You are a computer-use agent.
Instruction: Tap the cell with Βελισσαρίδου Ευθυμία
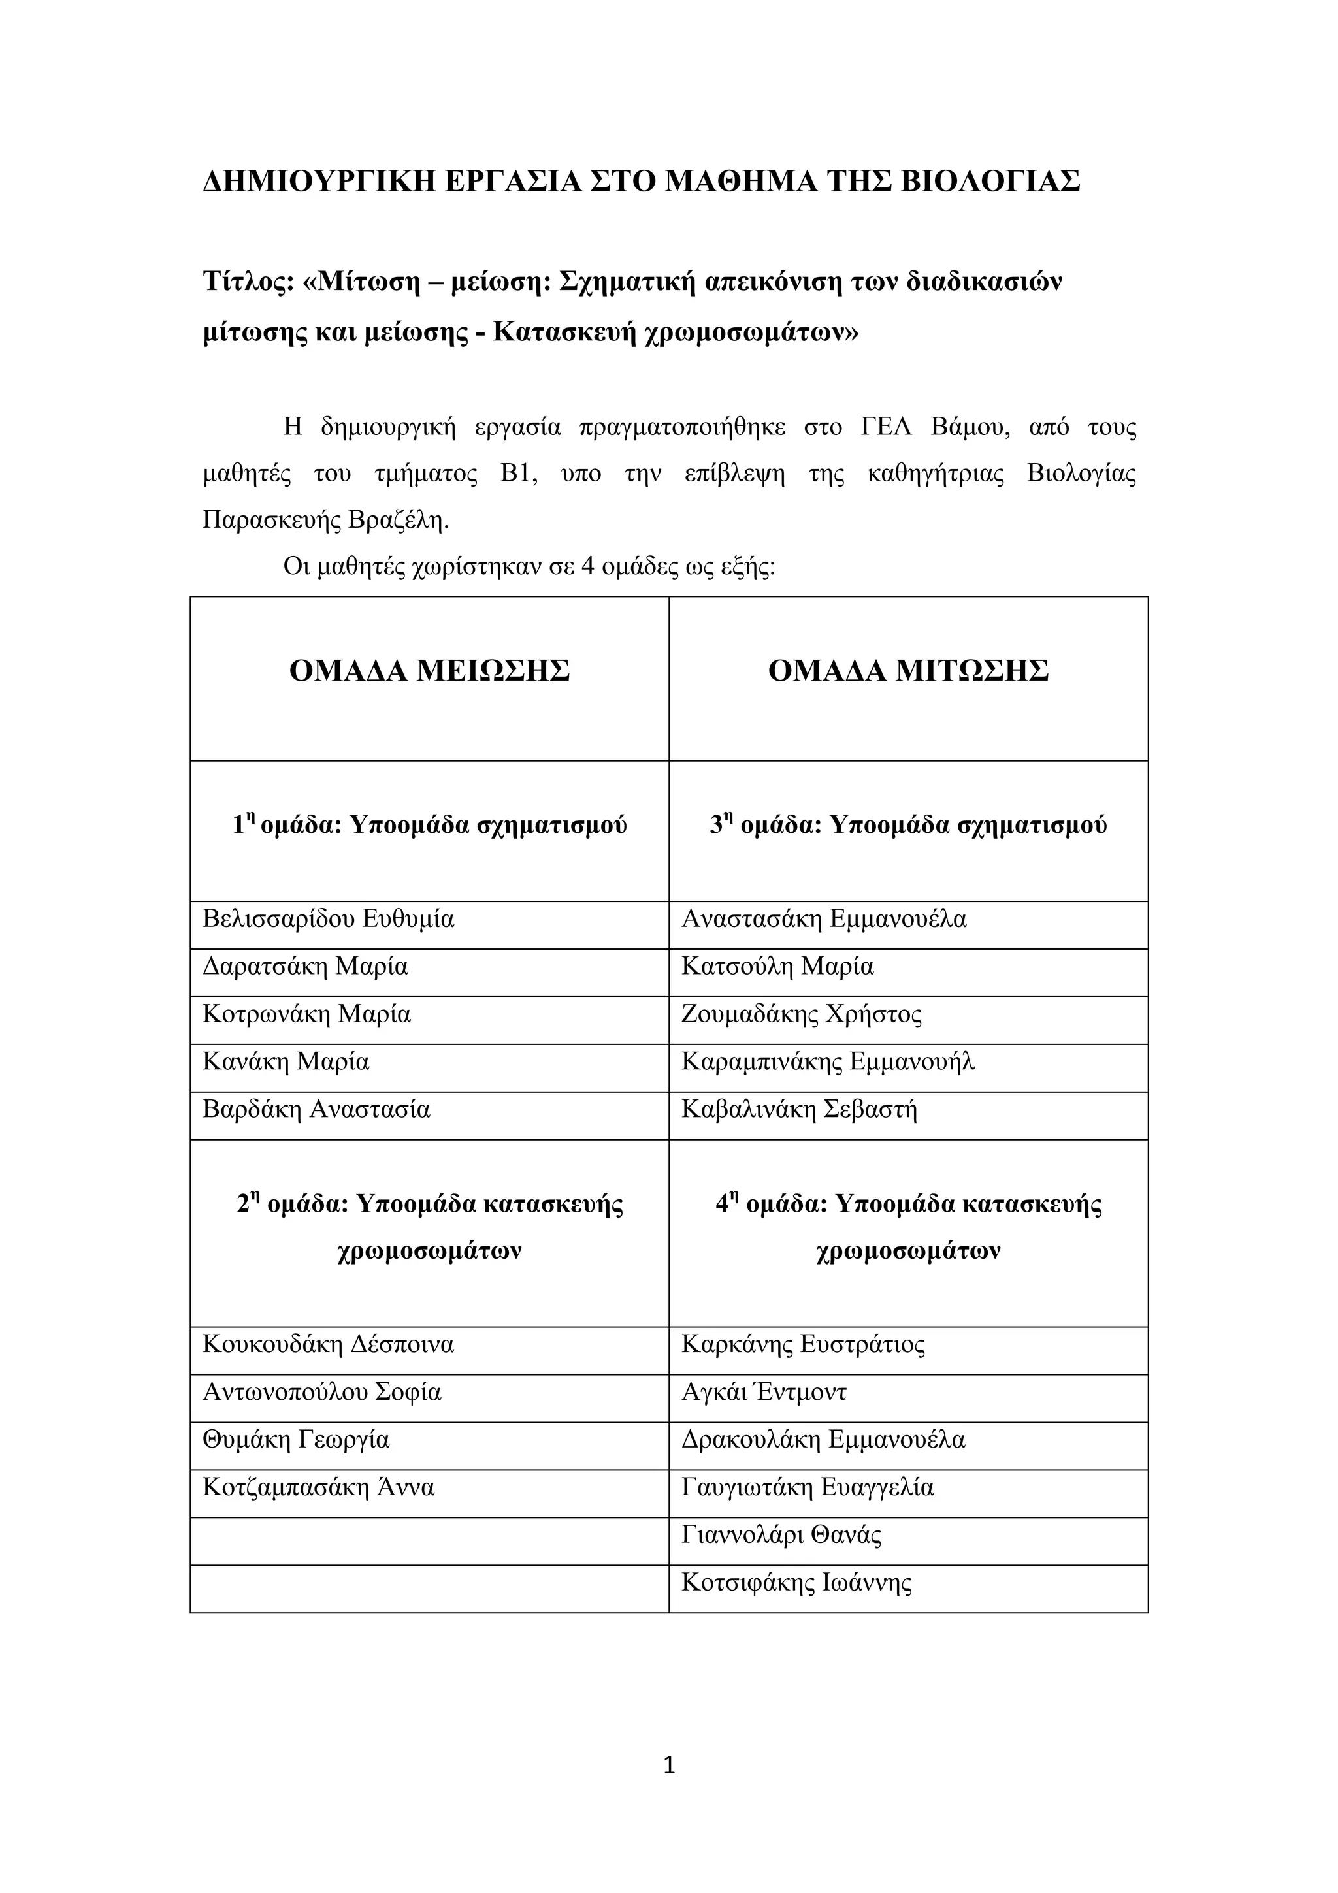click(328, 919)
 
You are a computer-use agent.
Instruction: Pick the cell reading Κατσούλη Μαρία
click(777, 966)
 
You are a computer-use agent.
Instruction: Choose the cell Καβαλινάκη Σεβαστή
click(799, 1110)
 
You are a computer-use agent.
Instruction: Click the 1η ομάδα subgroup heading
click(429, 825)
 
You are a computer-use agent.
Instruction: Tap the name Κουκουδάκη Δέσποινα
click(328, 1346)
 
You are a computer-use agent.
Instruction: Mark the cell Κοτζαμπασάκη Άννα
click(318, 1488)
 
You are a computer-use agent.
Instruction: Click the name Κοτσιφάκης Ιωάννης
click(796, 1583)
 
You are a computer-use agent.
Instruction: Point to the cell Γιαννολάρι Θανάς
click(781, 1535)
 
